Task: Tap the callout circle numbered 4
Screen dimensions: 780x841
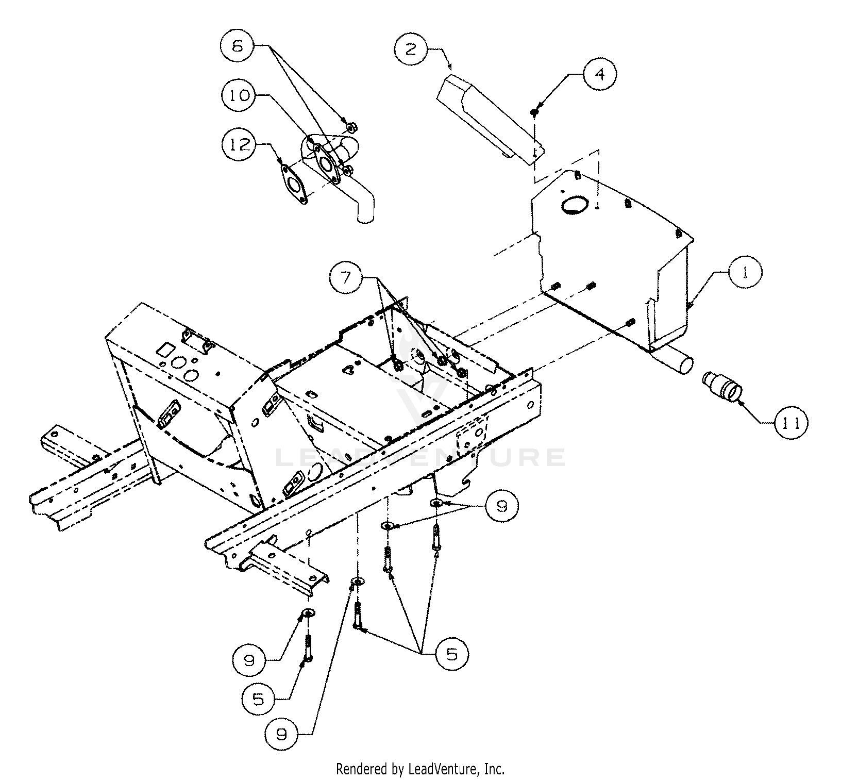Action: [600, 74]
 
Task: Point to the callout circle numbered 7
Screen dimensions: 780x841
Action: [346, 278]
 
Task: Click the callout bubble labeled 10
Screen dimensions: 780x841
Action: [240, 95]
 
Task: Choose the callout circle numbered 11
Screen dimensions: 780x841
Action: [790, 423]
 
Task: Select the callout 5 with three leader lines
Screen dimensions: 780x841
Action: [451, 654]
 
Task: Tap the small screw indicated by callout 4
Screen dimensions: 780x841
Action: [534, 111]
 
